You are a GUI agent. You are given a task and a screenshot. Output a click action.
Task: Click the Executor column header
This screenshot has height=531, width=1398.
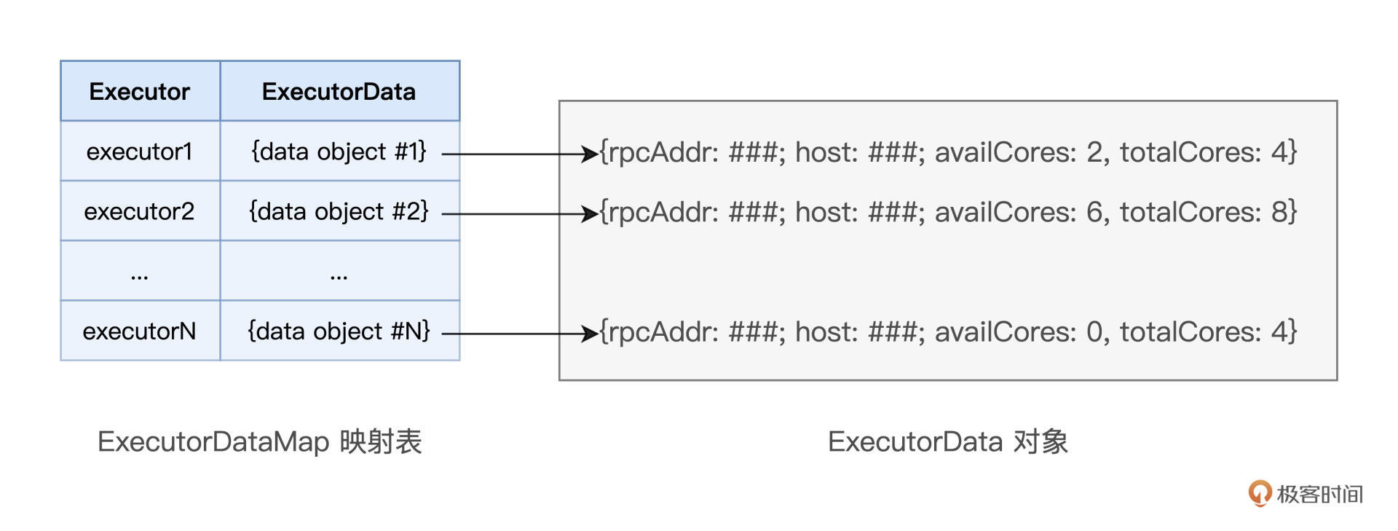pyautogui.click(x=139, y=92)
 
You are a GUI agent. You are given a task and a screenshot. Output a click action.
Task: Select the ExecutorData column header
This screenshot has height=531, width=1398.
pyautogui.click(x=339, y=92)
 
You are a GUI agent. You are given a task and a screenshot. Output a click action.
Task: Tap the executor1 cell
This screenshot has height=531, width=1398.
pyautogui.click(x=139, y=152)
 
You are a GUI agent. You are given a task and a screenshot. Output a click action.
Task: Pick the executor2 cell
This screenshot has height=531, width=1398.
pyautogui.click(x=139, y=211)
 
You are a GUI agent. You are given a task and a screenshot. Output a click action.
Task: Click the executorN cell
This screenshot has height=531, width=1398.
pyautogui.click(x=139, y=331)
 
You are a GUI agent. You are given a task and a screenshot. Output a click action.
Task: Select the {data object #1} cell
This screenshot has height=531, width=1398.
pyautogui.click(x=339, y=152)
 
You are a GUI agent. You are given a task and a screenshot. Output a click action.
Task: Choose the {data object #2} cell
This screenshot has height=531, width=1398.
pyautogui.click(x=339, y=211)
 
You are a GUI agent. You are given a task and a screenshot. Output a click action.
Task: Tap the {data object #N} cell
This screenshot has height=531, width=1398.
pyautogui.click(x=339, y=331)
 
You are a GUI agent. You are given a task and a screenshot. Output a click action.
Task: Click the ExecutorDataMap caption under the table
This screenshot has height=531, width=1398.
pyautogui.click(x=259, y=442)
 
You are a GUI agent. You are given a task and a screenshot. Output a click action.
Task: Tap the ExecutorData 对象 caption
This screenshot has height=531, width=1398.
pyautogui.click(x=947, y=442)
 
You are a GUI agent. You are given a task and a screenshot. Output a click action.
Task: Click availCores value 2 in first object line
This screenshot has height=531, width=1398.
pyautogui.click(x=1094, y=152)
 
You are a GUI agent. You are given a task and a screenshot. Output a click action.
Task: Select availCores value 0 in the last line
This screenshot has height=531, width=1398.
pyautogui.click(x=1094, y=332)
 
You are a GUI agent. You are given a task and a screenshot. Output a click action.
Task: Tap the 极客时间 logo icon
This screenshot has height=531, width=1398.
pyautogui.click(x=1259, y=493)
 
